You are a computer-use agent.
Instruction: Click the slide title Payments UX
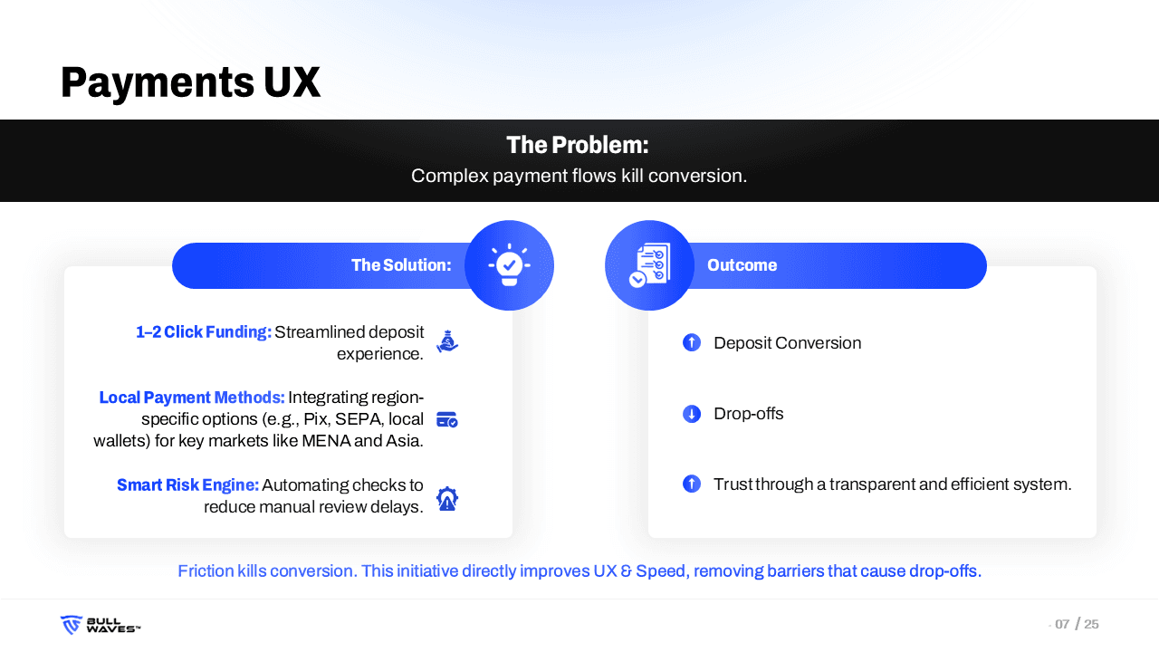click(190, 82)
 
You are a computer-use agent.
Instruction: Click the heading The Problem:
click(578, 145)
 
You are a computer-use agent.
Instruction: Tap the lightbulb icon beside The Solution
click(509, 265)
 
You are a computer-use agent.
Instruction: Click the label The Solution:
click(401, 265)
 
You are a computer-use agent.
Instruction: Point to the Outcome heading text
click(742, 265)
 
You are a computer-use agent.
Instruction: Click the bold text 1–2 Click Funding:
click(204, 331)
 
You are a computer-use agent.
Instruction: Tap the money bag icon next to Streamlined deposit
click(447, 341)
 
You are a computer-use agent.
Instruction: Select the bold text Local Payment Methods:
click(191, 398)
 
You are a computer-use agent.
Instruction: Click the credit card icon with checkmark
click(447, 419)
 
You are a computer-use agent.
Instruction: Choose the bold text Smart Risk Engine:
click(187, 484)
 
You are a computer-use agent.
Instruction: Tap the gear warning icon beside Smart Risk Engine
click(447, 499)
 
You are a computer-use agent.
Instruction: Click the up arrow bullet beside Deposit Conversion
click(692, 342)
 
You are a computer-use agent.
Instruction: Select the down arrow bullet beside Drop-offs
click(692, 414)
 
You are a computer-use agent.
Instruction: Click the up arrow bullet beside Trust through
click(692, 484)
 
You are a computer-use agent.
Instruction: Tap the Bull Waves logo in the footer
click(101, 625)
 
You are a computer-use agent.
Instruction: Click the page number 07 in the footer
click(1062, 624)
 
